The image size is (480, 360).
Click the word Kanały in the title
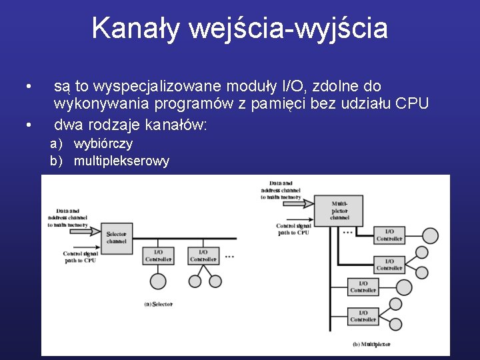pos(135,29)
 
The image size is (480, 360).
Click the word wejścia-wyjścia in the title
pos(288,29)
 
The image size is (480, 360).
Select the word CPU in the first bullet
pos(412,104)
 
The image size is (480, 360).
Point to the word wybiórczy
pos(103,143)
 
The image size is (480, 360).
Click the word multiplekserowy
pos(121,161)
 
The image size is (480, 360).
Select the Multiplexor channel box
pos(339,210)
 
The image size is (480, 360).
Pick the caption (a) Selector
pos(159,304)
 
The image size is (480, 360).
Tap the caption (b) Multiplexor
pos(371,345)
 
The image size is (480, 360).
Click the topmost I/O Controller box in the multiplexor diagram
pos(389,235)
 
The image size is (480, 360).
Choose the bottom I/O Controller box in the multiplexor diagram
pos(363,316)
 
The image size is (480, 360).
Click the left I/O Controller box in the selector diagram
pos(159,256)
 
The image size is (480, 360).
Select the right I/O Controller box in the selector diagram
pos(204,256)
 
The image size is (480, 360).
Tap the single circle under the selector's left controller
pos(158,281)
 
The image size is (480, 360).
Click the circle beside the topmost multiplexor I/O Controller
pos(431,235)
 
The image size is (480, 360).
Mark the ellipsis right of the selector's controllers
pos(229,256)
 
